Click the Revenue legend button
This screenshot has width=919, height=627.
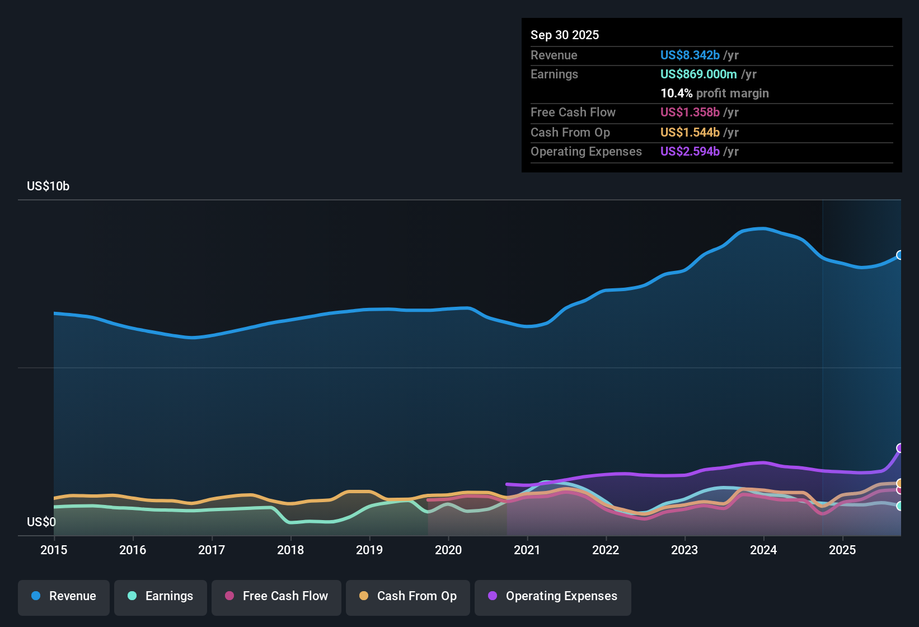point(64,596)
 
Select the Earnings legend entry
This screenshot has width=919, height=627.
point(161,596)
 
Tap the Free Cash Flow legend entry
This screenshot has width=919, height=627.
point(276,596)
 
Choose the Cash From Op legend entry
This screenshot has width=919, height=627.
point(408,596)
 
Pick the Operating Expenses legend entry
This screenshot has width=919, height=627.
point(553,596)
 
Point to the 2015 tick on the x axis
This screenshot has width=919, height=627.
point(54,550)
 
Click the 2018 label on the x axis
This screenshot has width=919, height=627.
point(290,550)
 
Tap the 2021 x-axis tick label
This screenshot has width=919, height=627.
point(527,550)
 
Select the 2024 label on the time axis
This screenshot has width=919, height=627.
point(763,550)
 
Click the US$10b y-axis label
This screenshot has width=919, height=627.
point(48,186)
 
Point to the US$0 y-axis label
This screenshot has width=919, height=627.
point(41,522)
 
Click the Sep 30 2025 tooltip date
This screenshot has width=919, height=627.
point(565,35)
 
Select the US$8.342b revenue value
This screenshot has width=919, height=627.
point(690,55)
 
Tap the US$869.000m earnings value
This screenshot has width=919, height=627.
point(698,74)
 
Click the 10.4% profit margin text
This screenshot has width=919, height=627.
point(714,93)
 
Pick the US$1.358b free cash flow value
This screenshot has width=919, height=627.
point(690,112)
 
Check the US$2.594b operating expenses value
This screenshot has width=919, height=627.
point(690,151)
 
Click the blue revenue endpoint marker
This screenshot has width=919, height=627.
point(900,255)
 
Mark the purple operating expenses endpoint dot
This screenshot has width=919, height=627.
point(900,448)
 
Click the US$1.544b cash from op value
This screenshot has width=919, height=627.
point(690,132)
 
